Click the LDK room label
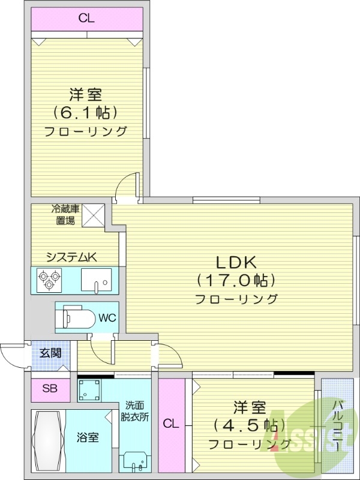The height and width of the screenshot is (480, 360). (x=236, y=262)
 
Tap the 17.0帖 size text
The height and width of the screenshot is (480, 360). (x=236, y=280)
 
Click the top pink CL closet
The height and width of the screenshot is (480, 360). (x=86, y=18)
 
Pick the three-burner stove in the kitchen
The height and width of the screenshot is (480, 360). (x=48, y=280)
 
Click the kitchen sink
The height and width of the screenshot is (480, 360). (x=96, y=280)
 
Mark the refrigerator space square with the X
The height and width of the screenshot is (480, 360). (x=94, y=216)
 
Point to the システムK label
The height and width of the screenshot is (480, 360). (x=71, y=257)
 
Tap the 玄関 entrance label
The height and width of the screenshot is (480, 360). (x=50, y=353)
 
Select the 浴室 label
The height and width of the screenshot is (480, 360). (x=89, y=437)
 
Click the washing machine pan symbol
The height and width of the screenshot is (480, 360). (x=91, y=392)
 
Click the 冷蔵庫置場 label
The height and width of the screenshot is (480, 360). (x=64, y=214)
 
